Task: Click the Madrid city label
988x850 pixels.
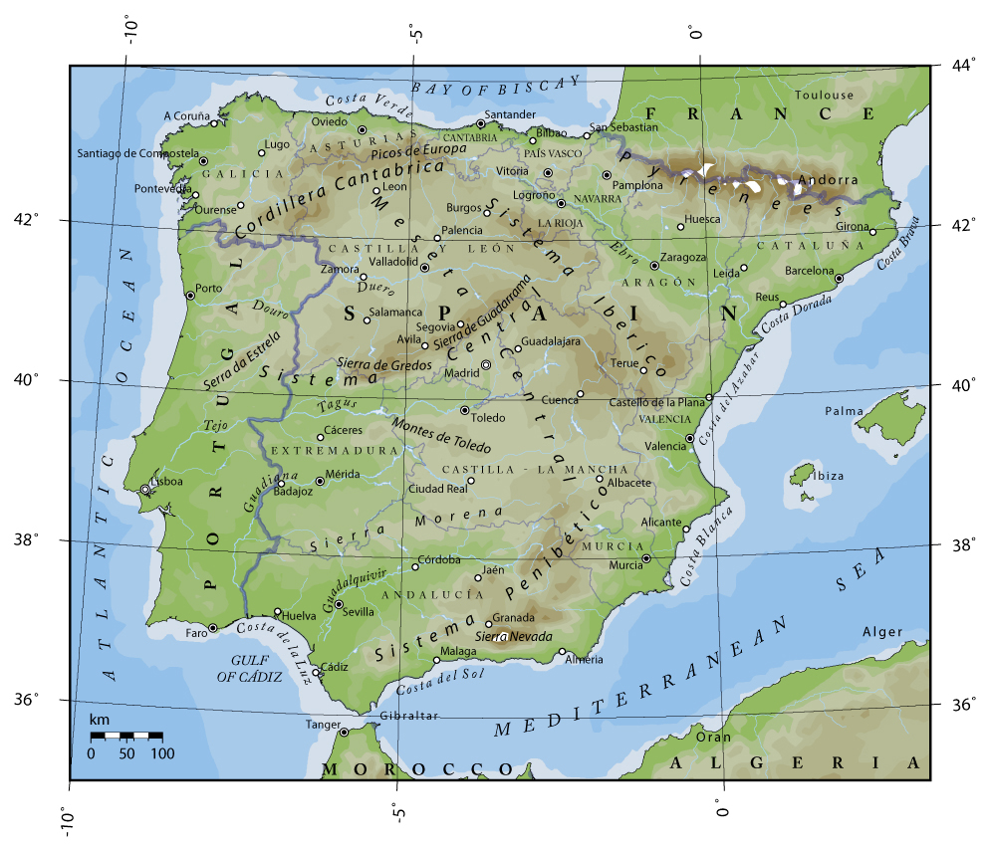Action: (461, 373)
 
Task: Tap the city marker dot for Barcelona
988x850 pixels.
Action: (839, 279)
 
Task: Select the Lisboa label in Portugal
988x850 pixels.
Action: (167, 482)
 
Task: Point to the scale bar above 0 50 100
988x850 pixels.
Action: (126, 736)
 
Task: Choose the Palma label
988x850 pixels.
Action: (844, 411)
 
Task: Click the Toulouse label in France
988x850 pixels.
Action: (824, 95)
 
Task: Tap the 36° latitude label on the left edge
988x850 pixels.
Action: (37, 699)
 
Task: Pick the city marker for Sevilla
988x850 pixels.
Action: (339, 604)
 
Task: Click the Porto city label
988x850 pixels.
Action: (209, 289)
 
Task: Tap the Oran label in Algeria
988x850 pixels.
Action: (713, 738)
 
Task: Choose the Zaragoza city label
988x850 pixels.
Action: (683, 257)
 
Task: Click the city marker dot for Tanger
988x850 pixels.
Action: (345, 733)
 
